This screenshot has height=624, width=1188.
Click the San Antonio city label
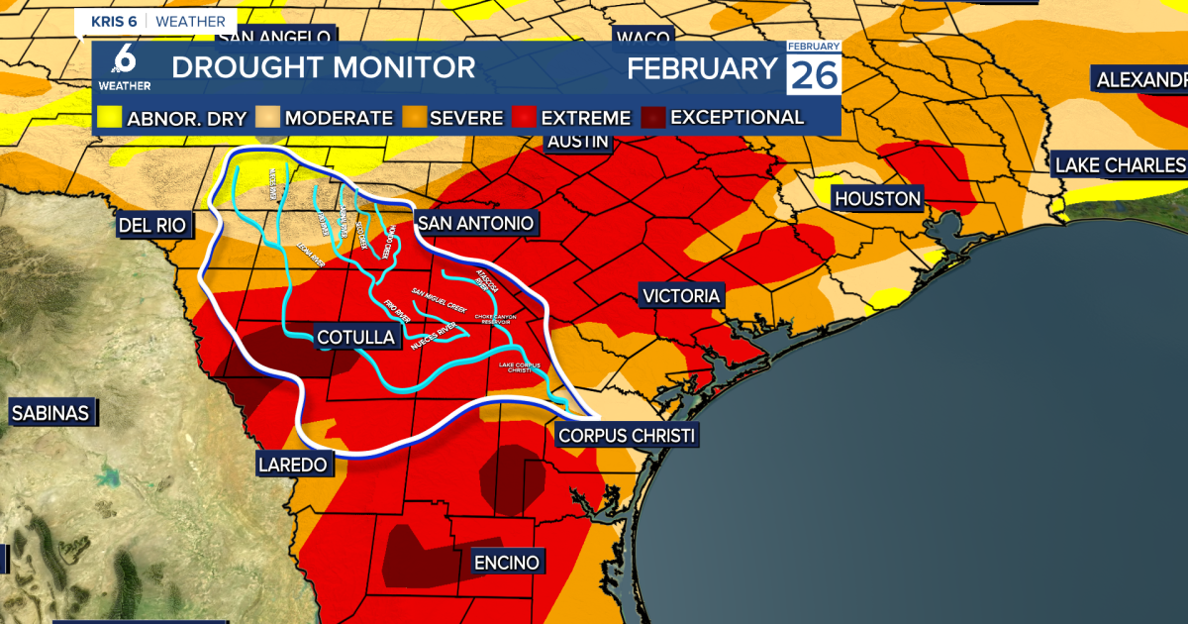click(x=474, y=223)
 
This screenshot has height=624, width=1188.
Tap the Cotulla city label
click(x=355, y=338)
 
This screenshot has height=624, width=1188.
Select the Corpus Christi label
click(x=627, y=435)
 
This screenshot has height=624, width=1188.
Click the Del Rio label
click(x=152, y=225)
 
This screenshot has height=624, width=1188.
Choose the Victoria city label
click(x=681, y=296)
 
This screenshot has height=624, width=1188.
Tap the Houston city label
click(x=877, y=199)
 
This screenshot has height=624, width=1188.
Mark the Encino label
click(x=506, y=563)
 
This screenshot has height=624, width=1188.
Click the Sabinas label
click(x=50, y=413)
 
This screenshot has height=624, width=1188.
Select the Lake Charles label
click(x=1120, y=164)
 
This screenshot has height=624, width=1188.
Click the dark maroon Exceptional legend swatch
click(x=653, y=119)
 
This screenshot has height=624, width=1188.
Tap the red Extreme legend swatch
click(x=523, y=119)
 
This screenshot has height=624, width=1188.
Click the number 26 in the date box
click(x=814, y=74)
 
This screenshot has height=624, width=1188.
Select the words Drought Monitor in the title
click(x=323, y=67)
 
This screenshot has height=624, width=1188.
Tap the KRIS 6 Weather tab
click(x=158, y=22)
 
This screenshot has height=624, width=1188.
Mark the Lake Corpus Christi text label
click(x=521, y=367)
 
